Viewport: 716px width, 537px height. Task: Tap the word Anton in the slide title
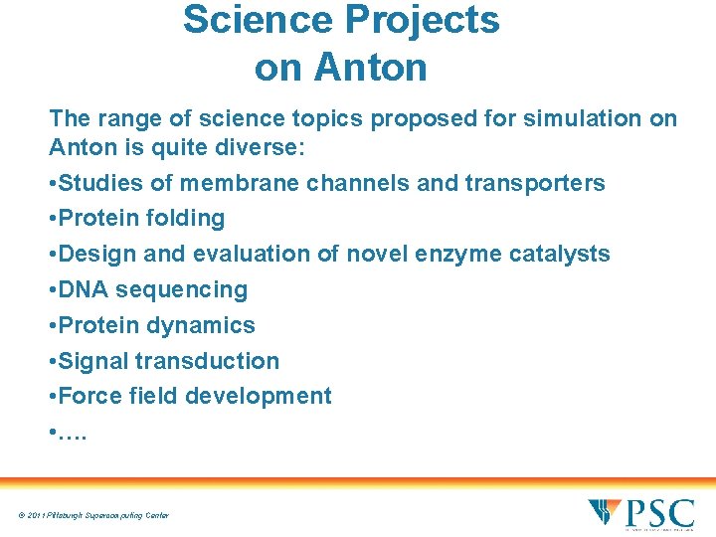(369, 68)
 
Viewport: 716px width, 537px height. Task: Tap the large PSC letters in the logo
(659, 514)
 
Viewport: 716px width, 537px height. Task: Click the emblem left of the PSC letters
(605, 512)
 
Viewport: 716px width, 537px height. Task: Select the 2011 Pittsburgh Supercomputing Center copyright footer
(91, 515)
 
